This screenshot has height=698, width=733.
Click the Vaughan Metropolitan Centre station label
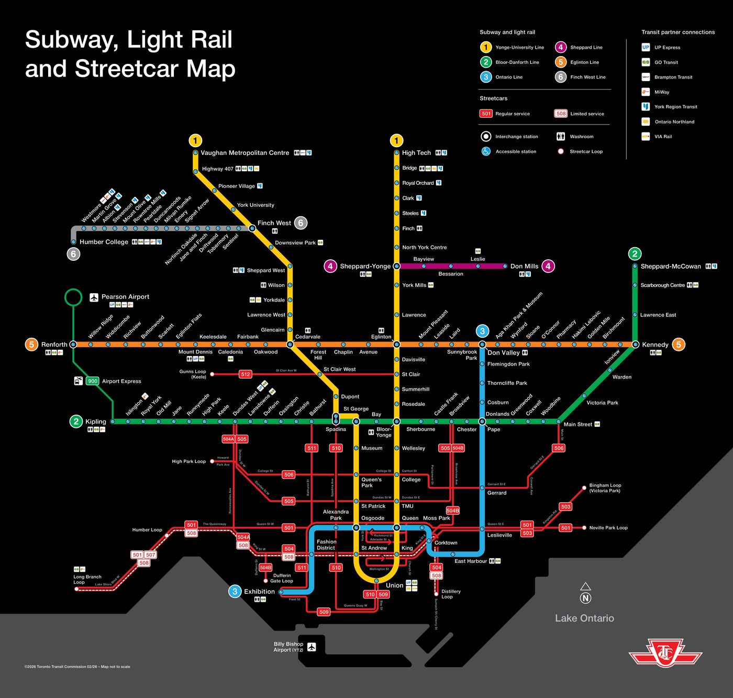245,153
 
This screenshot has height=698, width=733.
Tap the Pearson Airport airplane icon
94,297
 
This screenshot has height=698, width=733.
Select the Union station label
394,585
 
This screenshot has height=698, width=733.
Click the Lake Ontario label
584,618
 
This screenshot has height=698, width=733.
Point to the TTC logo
665,653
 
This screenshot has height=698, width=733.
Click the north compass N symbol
585,598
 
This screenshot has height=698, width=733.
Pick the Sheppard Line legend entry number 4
560,47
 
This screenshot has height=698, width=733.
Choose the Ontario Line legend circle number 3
486,77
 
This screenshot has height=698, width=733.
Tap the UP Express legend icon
646,47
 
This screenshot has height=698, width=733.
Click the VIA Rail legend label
663,137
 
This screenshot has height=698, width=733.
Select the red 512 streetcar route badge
245,374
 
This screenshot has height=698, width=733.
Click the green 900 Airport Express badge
93,381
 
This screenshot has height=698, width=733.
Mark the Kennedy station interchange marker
635,345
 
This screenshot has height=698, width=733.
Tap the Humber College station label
104,242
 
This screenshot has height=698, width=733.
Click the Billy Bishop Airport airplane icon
312,647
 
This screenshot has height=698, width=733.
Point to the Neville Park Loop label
608,528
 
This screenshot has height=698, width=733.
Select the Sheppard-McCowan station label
670,267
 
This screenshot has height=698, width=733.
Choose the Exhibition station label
259,592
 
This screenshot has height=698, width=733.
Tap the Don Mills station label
524,267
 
